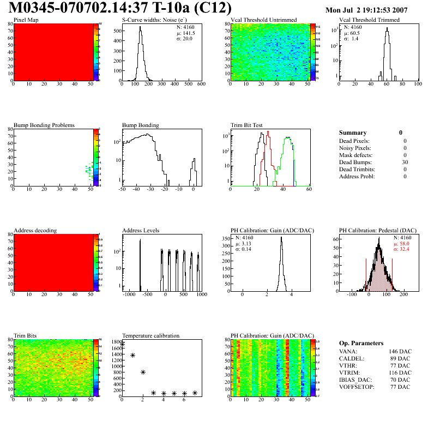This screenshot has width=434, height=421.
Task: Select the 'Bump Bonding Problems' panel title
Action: click(x=44, y=125)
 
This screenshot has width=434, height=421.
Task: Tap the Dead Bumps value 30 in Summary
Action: click(x=405, y=162)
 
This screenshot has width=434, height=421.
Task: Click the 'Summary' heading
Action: click(x=353, y=133)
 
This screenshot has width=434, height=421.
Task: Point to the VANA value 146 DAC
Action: click(x=400, y=351)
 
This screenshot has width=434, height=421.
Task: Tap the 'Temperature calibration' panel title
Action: click(x=150, y=336)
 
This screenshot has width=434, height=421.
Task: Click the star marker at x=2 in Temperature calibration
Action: click(x=143, y=372)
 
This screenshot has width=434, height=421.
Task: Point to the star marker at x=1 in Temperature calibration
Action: click(x=132, y=355)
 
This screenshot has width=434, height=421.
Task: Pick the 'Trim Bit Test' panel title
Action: click(x=247, y=125)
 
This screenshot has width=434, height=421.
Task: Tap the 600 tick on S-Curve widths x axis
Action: click(x=201, y=84)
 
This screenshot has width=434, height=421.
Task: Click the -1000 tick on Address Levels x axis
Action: click(x=129, y=294)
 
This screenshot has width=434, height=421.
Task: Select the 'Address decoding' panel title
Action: click(x=35, y=231)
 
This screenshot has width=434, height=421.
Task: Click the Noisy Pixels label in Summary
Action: click(x=355, y=148)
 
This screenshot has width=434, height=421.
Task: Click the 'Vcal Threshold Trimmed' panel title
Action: click(x=369, y=20)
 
